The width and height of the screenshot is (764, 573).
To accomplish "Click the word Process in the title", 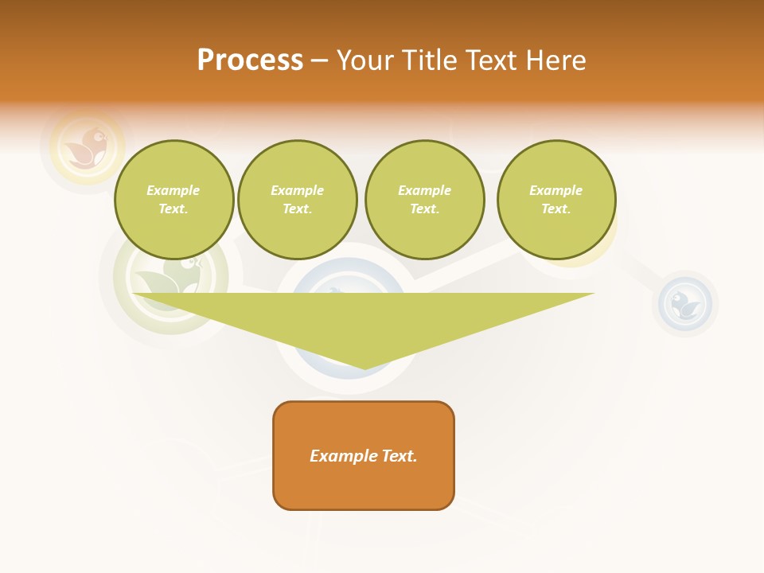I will pyautogui.click(x=250, y=60).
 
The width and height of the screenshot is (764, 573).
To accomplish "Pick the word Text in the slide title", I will pyautogui.click(x=496, y=60).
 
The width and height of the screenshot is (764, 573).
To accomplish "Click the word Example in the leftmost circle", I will pyautogui.click(x=173, y=190).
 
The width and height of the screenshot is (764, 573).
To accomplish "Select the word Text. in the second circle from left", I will pyautogui.click(x=298, y=209).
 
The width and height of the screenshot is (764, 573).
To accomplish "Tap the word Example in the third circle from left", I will pyautogui.click(x=424, y=190).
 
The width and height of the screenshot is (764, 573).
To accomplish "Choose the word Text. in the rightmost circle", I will pyautogui.click(x=556, y=209).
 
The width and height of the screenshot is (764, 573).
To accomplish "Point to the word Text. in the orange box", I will pyautogui.click(x=399, y=456).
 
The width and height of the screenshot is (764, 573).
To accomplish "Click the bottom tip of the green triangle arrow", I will pyautogui.click(x=364, y=368).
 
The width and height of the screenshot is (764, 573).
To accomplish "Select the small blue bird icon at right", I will pyautogui.click(x=684, y=304).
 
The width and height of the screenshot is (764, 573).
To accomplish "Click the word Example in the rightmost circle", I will pyautogui.click(x=556, y=190).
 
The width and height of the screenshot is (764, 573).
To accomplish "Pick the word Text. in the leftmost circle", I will pyautogui.click(x=173, y=209).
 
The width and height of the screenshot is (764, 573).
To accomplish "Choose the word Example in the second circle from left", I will pyautogui.click(x=298, y=190).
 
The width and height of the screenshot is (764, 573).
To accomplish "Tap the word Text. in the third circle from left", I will pyautogui.click(x=424, y=209).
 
